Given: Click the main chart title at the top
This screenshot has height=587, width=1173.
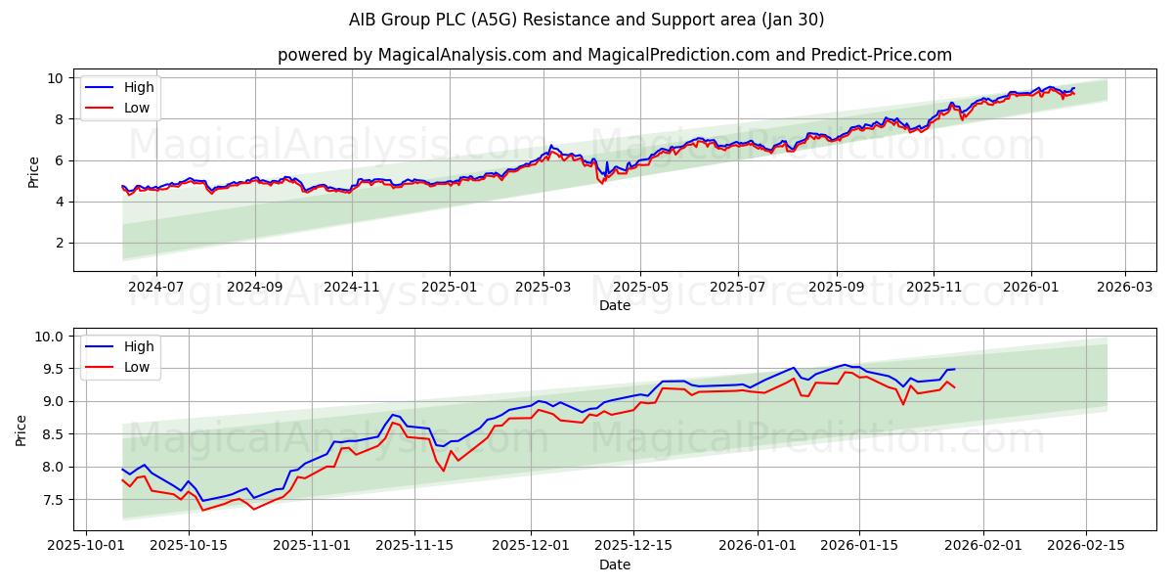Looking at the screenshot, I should pos(586,20).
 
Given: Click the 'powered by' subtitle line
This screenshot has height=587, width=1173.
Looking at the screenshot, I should pos(614,55).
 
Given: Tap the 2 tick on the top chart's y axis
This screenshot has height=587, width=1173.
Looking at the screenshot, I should pos(59,243).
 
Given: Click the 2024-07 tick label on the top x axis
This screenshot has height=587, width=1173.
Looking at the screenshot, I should pos(155,287).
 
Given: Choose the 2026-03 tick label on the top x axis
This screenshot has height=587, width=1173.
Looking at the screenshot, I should pos(1124,287).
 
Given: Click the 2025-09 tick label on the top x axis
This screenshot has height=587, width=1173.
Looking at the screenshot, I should pos(836,287).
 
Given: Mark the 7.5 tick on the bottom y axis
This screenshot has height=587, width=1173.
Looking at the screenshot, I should pos(52,500).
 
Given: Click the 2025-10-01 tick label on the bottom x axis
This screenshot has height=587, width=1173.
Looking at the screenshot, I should pos(87,545).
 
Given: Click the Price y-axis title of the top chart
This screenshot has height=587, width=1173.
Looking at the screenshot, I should pos(33,170).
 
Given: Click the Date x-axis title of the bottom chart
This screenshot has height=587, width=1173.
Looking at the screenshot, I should pos(614,564).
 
